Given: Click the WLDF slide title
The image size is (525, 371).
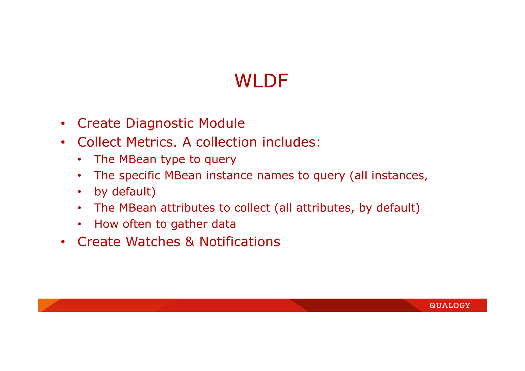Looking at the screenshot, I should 261,81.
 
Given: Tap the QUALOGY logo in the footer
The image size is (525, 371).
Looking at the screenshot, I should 450,305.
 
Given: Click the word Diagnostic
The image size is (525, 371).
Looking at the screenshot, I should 159,123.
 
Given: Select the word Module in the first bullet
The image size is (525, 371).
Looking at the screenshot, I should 222,123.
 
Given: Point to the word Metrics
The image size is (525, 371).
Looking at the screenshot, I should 152,142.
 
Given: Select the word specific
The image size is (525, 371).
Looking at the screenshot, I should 140,176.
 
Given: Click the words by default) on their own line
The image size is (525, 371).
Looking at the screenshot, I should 125,192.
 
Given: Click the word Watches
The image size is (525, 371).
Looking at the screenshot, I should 153,242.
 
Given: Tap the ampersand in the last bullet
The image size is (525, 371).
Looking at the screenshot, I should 190,242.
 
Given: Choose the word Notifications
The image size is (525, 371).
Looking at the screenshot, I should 240,242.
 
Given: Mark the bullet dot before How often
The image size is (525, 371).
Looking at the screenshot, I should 79,224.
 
